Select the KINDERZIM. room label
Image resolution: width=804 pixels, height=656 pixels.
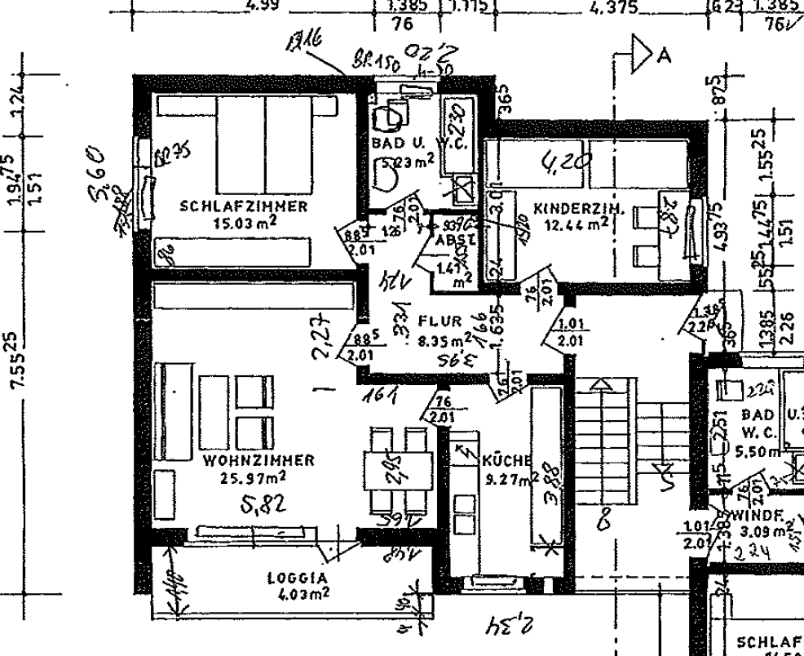point(579,209)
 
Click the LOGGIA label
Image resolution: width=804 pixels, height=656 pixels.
point(298,578)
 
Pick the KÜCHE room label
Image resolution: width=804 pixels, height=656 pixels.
point(506,460)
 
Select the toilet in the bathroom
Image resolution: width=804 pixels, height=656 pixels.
point(390,117)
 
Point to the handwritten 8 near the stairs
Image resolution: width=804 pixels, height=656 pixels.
point(604,520)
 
